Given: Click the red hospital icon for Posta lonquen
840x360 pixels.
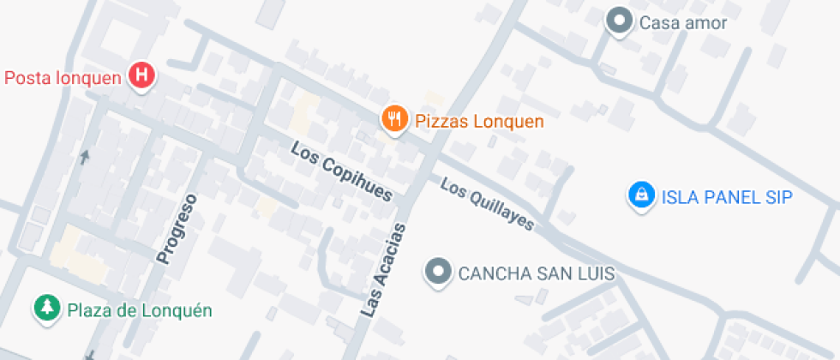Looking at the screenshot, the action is (141, 76).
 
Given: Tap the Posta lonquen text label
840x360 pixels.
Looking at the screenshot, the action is (63, 77).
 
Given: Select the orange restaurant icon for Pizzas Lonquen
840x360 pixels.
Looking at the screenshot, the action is (393, 119).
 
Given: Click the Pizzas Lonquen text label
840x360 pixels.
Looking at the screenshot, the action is (479, 121).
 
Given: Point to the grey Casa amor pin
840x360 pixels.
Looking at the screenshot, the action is (618, 21).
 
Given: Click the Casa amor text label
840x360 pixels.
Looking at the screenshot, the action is (682, 22).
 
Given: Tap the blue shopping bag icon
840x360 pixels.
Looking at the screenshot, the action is (639, 195).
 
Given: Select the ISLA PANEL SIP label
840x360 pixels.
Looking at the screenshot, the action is (726, 197).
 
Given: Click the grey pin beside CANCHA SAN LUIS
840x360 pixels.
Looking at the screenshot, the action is (439, 273).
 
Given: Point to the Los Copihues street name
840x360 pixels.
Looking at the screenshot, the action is (341, 172).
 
